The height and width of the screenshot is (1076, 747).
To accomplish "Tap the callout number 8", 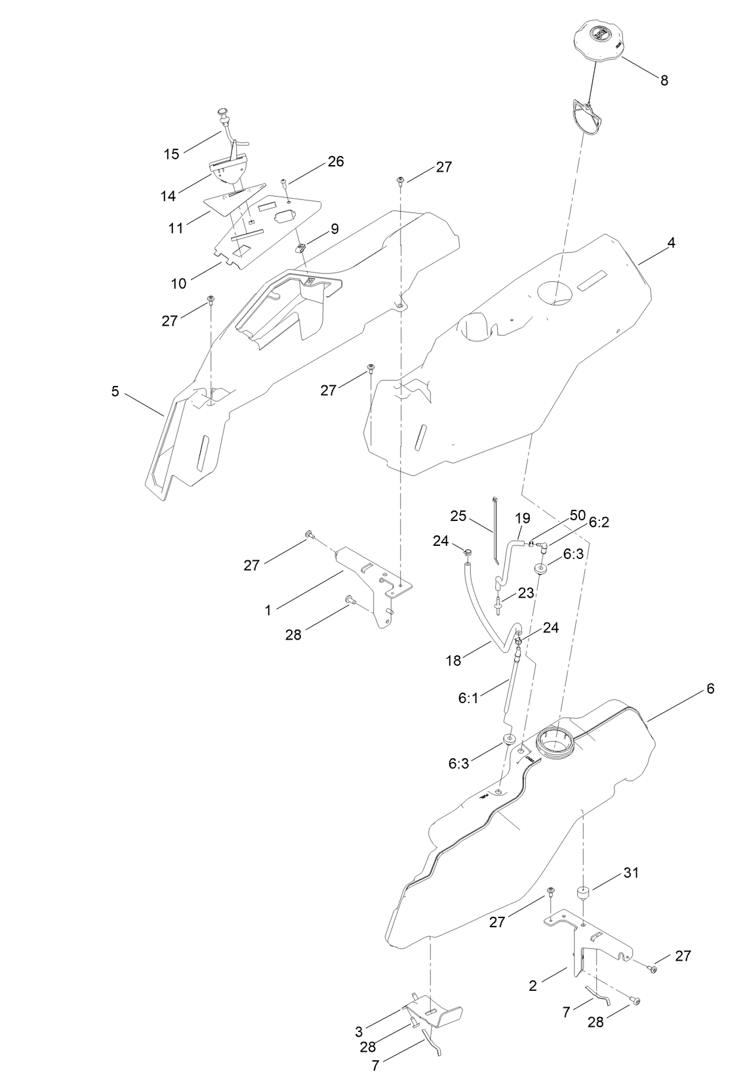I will tap(664, 80).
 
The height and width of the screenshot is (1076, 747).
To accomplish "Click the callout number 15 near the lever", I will tap(171, 154).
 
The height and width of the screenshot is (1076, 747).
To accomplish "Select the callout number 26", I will tap(335, 161).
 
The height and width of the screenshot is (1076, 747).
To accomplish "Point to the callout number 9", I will tap(334, 229).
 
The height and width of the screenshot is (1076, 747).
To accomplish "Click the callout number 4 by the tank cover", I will tap(671, 242).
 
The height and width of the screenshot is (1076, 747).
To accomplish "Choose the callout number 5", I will tap(115, 391).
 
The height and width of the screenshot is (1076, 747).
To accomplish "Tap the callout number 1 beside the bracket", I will tap(268, 610).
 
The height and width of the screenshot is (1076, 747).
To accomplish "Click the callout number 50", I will tap(577, 515).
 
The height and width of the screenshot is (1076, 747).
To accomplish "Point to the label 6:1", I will tap(468, 699).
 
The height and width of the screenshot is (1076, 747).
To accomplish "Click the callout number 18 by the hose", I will tap(453, 661).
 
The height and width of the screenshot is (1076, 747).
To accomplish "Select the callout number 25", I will tap(458, 516).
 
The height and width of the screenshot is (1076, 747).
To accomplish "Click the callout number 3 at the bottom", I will tap(359, 1031).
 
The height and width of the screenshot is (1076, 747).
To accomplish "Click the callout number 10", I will tap(179, 283).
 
